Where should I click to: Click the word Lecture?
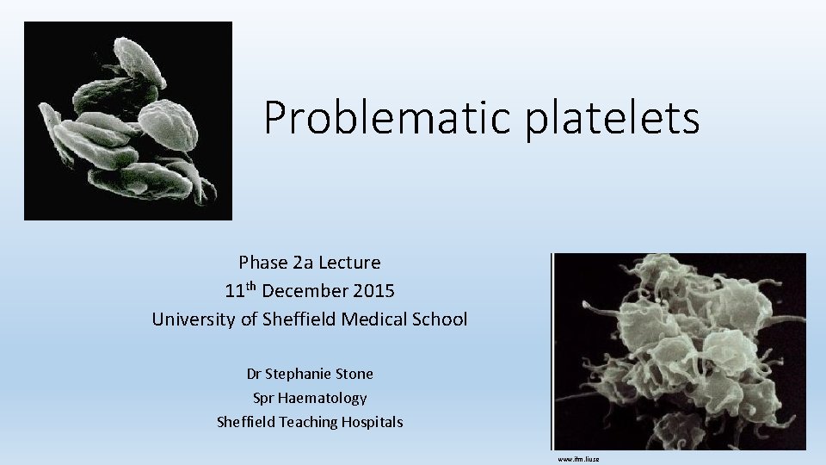(x=348, y=262)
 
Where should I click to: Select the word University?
(x=194, y=319)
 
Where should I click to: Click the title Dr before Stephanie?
(x=254, y=374)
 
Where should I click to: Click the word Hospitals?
(x=373, y=422)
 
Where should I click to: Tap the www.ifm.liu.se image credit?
(x=578, y=459)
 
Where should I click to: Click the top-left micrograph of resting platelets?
(x=128, y=121)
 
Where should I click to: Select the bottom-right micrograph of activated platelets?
(x=680, y=351)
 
